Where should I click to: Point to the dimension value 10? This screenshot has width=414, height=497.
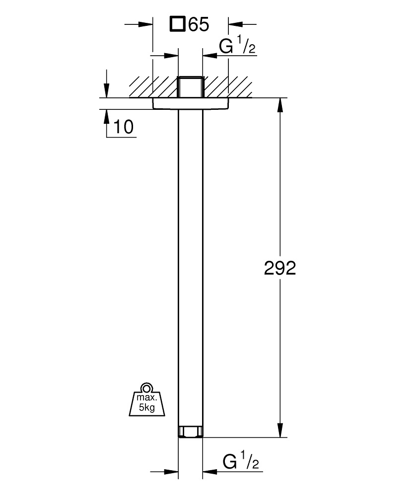pyautogui.click(x=123, y=127)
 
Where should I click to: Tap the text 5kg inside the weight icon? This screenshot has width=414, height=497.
pyautogui.click(x=147, y=408)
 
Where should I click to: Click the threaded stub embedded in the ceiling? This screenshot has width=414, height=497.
pyautogui.click(x=190, y=87)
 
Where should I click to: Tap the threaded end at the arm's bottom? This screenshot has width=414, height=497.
pyautogui.click(x=190, y=431)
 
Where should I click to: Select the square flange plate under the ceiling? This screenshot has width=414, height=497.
pyautogui.click(x=190, y=103)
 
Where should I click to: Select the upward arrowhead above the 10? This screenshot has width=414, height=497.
pyautogui.click(x=107, y=116)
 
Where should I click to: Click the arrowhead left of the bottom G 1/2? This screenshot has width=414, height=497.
pyautogui.click(x=172, y=470)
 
